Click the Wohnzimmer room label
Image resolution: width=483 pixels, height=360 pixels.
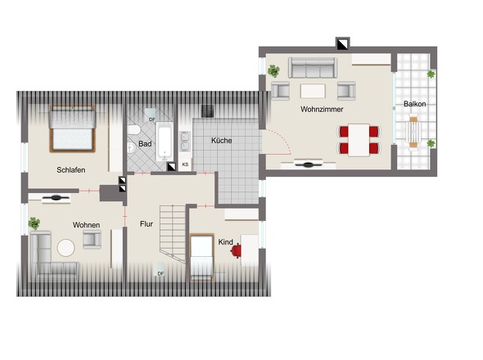pyautogui.click(x=322, y=110)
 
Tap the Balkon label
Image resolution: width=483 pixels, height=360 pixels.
pyautogui.click(x=414, y=104)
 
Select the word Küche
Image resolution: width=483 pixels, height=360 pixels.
pyautogui.click(x=222, y=141)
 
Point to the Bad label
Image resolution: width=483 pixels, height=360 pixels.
pyautogui.click(x=145, y=144)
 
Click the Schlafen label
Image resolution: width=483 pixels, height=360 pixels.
pyautogui.click(x=71, y=170)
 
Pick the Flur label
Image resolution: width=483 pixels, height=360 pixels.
pyautogui.click(x=147, y=224)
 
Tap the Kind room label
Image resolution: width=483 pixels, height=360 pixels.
pyautogui.click(x=225, y=242)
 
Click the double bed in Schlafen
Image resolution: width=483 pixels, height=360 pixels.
pyautogui.click(x=72, y=128)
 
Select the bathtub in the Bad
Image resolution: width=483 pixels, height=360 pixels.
pyautogui.click(x=164, y=141)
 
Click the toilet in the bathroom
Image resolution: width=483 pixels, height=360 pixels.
pyautogui.click(x=134, y=129)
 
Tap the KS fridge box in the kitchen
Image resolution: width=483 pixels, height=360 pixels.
pyautogui.click(x=185, y=164)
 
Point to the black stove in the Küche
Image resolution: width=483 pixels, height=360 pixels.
pyautogui.click(x=207, y=111)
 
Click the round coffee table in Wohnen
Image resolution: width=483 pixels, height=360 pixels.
pyautogui.click(x=66, y=248)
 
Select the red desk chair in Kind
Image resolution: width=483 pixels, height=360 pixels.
pyautogui.click(x=236, y=250)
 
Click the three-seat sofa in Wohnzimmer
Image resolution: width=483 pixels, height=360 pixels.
pyautogui.click(x=313, y=68)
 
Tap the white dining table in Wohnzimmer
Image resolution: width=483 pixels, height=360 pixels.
pyautogui.click(x=359, y=140)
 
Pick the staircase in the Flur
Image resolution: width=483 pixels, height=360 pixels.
pyautogui.click(x=173, y=233)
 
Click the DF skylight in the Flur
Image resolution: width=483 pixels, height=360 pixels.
pyautogui.click(x=160, y=269)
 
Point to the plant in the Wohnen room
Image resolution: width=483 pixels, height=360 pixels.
pyautogui.click(x=34, y=223)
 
